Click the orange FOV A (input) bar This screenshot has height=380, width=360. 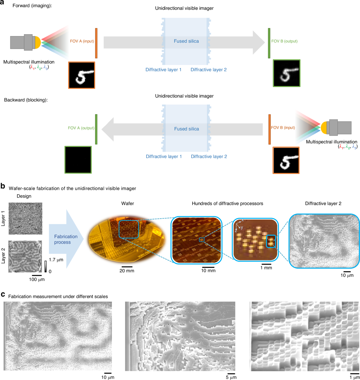pyautogui.click(x=96, y=43)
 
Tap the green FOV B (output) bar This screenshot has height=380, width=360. pyautogui.click(x=269, y=43)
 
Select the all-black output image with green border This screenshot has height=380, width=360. pyautogui.click(x=78, y=160)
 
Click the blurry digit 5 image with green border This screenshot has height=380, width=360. pyautogui.click(x=286, y=73)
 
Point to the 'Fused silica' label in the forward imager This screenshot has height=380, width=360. pyautogui.click(x=186, y=41)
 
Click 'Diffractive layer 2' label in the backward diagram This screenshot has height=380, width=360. pyautogui.click(x=209, y=157)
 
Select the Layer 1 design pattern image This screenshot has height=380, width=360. pyautogui.click(x=25, y=218)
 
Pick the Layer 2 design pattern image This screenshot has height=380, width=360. pyautogui.click(x=25, y=256)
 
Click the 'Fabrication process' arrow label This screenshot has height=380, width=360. pyautogui.click(x=66, y=239)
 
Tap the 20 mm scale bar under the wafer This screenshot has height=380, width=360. pyautogui.click(x=127, y=266)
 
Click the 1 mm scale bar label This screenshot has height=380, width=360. pyautogui.click(x=266, y=268)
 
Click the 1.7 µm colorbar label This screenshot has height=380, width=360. pyautogui.click(x=56, y=260)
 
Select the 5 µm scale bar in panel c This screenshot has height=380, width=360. pyautogui.click(x=231, y=373)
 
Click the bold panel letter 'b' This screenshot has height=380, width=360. pyautogui.click(x=3, y=186)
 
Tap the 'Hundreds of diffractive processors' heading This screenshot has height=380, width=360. pyautogui.click(x=227, y=204)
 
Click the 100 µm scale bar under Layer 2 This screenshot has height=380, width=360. pyautogui.click(x=37, y=275)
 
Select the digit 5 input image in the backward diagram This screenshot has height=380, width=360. pyautogui.click(x=286, y=160)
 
